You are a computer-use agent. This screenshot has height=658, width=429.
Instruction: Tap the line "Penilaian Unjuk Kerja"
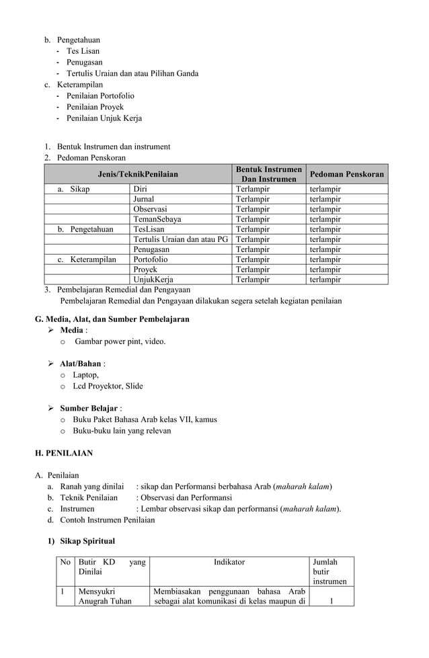pos(104,118)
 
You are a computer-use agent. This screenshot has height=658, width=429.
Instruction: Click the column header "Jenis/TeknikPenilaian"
pos(138,174)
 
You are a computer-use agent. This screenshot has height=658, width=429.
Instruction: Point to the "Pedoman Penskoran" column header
pos(347,174)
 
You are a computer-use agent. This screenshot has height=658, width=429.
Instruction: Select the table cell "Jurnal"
pos(143,199)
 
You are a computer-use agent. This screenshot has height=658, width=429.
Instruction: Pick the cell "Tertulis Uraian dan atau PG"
pos(180,239)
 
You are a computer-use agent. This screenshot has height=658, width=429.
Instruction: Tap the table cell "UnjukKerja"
pos(153,280)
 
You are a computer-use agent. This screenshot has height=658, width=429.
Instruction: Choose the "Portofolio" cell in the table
pos(151,259)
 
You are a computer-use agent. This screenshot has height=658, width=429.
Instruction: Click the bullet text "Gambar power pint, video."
pos(120,341)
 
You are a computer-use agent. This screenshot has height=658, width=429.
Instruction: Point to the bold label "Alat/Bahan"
pos(80,364)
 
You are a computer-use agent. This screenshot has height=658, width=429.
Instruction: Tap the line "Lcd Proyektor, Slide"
pos(108,386)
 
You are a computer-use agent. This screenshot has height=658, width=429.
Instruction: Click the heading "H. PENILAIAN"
pos(64,453)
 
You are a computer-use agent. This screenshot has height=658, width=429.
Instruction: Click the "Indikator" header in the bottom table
pos(229,562)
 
